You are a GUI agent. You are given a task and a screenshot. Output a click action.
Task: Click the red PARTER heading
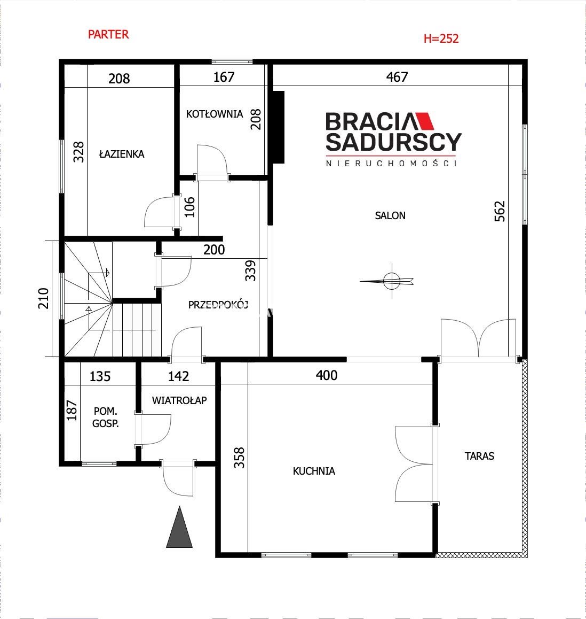click(x=108, y=34)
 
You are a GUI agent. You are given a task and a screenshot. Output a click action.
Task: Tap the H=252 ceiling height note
click(x=441, y=38)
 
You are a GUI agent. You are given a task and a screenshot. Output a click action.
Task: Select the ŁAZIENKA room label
click(x=122, y=153)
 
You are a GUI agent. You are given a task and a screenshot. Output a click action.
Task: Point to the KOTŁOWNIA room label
click(x=215, y=114)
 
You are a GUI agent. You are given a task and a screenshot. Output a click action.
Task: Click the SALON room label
click(x=390, y=215)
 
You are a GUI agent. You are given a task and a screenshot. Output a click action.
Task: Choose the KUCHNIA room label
click(x=314, y=471)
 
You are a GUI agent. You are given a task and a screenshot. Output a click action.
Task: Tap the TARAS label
click(x=479, y=456)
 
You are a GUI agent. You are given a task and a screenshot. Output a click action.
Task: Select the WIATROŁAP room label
click(x=179, y=400)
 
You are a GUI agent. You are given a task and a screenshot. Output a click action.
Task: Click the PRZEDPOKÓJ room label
click(x=218, y=305)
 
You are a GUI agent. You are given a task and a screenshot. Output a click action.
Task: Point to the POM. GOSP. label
click(x=106, y=417)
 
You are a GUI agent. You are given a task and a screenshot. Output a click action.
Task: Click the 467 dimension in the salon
click(x=397, y=76)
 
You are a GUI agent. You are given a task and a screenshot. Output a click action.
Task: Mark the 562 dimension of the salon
click(x=500, y=211)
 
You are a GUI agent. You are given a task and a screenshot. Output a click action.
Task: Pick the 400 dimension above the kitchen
click(x=326, y=375)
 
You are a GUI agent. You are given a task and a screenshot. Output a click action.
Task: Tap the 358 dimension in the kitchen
click(x=239, y=458)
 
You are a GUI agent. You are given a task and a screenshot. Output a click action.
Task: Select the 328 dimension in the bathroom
click(x=79, y=152)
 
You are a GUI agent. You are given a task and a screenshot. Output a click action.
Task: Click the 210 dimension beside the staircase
click(x=43, y=298)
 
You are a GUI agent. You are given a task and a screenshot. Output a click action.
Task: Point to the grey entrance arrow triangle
click(x=179, y=528)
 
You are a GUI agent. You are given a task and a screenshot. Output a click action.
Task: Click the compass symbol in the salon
click(x=391, y=281)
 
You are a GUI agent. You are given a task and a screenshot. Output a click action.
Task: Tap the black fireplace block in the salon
click(x=278, y=127)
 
